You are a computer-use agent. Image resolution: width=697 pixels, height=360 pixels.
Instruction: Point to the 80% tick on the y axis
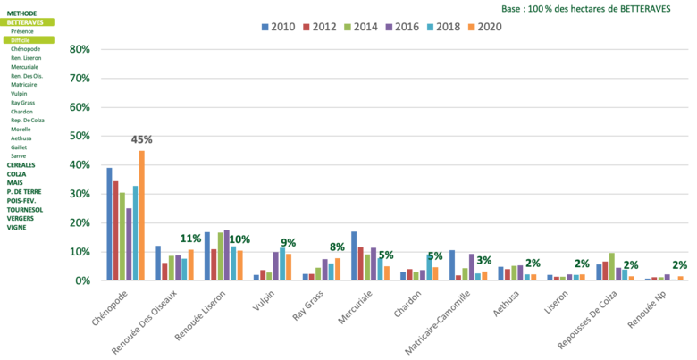click(x=80, y=49)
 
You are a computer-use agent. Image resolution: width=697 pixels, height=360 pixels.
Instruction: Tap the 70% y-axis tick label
click(x=80, y=78)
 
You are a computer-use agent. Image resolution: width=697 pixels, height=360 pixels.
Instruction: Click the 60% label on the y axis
click(x=80, y=106)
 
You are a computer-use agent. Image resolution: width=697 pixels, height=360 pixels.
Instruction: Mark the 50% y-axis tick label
click(x=80, y=136)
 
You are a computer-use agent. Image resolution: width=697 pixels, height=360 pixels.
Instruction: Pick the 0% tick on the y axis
click(x=82, y=280)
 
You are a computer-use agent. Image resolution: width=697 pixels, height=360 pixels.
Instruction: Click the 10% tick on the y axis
click(x=80, y=251)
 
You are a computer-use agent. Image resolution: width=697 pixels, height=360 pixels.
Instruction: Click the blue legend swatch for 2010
click(x=265, y=27)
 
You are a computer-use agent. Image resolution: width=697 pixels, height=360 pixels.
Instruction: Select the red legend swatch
click(x=307, y=27)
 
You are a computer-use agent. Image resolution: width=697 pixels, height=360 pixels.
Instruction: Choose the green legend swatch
click(x=348, y=27)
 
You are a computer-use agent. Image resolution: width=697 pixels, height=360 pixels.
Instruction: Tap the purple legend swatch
click(x=389, y=27)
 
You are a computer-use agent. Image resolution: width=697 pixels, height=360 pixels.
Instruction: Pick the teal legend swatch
click(x=430, y=27)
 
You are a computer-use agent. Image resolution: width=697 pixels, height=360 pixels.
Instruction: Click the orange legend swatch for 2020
click(x=471, y=27)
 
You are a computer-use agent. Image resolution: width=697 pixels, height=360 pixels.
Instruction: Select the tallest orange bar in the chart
click(x=141, y=214)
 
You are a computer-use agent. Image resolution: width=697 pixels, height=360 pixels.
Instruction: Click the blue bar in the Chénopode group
click(x=109, y=223)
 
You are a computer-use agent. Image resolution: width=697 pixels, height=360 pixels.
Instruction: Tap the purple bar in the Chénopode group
click(x=129, y=243)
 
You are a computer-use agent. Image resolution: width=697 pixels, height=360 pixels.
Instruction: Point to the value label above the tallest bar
click(x=141, y=140)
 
